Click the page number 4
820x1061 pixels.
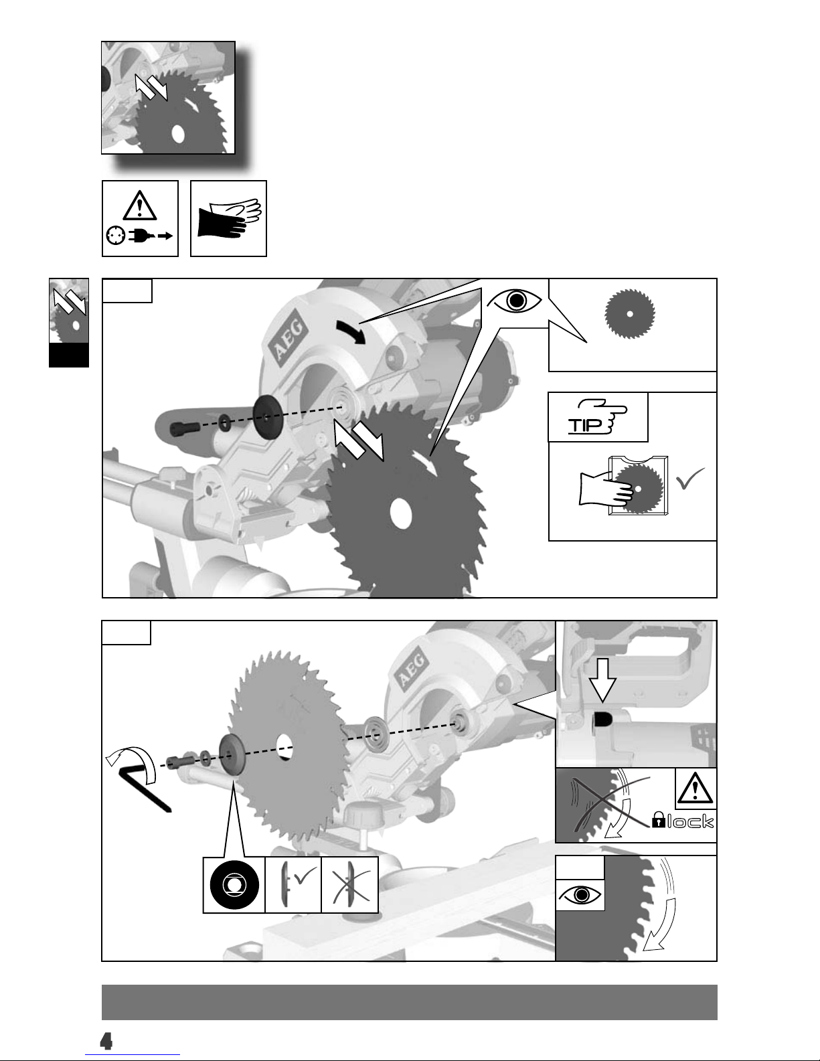tap(106, 1042)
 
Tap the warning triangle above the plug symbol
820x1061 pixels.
tap(140, 205)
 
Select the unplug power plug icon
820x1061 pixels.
tap(140, 236)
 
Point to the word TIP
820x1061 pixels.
tap(585, 425)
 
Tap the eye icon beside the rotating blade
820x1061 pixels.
tap(581, 894)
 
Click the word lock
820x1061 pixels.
tap(690, 822)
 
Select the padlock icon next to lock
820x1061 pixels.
tap(659, 820)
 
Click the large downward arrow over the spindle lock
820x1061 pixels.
tap(603, 679)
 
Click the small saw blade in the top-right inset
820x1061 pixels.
tap(630, 313)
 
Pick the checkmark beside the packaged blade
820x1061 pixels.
tap(690, 479)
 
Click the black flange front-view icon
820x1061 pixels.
tap(234, 885)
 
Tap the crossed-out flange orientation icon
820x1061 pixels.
tap(349, 885)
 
